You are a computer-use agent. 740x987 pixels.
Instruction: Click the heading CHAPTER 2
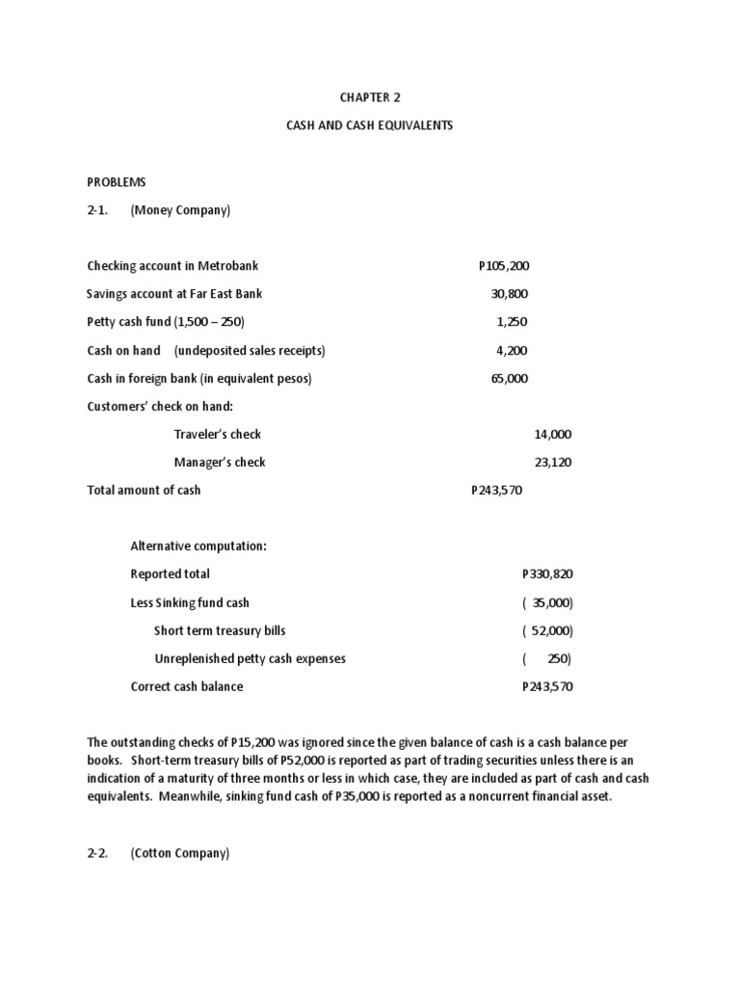tap(369, 97)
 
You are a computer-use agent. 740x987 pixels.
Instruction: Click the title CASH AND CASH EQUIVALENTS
tap(369, 126)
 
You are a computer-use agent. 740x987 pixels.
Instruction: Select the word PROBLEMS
tap(116, 181)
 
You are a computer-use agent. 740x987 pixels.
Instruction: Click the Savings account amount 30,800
tap(510, 294)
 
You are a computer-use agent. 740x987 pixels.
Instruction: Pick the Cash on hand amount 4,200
tap(513, 351)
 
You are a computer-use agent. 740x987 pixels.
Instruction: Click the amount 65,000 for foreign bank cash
tap(510, 379)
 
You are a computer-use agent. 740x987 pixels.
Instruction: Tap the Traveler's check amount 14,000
tap(553, 435)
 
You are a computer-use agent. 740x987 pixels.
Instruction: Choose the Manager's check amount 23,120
tap(553, 463)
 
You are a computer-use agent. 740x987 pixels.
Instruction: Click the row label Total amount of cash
tap(144, 491)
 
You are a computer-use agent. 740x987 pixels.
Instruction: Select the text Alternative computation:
tap(198, 547)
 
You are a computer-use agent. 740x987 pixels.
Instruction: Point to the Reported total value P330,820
tap(547, 574)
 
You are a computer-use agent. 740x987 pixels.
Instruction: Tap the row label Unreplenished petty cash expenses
tap(250, 659)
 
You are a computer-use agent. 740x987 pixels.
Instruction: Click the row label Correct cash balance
tap(187, 687)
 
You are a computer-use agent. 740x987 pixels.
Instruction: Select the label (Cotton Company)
tap(180, 854)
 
